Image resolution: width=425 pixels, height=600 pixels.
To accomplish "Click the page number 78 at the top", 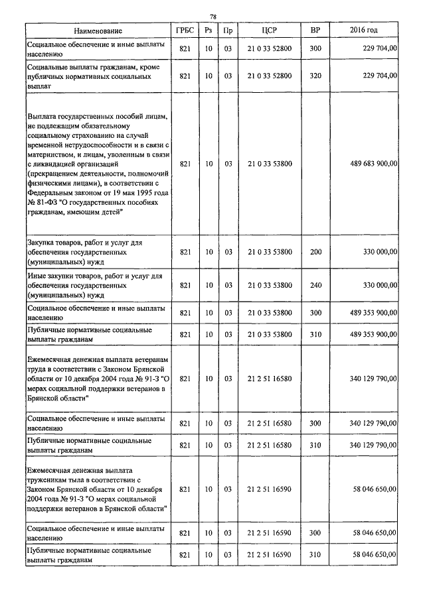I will pyautogui.click(x=212, y=17).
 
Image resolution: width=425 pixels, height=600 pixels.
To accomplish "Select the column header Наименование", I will pyautogui.click(x=98, y=31).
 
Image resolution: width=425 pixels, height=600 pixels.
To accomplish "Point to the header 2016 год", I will pyautogui.click(x=363, y=31).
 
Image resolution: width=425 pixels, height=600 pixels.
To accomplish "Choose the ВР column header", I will pyautogui.click(x=315, y=31).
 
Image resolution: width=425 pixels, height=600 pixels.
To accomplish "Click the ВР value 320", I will pyautogui.click(x=315, y=76).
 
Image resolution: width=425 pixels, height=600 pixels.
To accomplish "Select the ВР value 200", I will pyautogui.click(x=315, y=252).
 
